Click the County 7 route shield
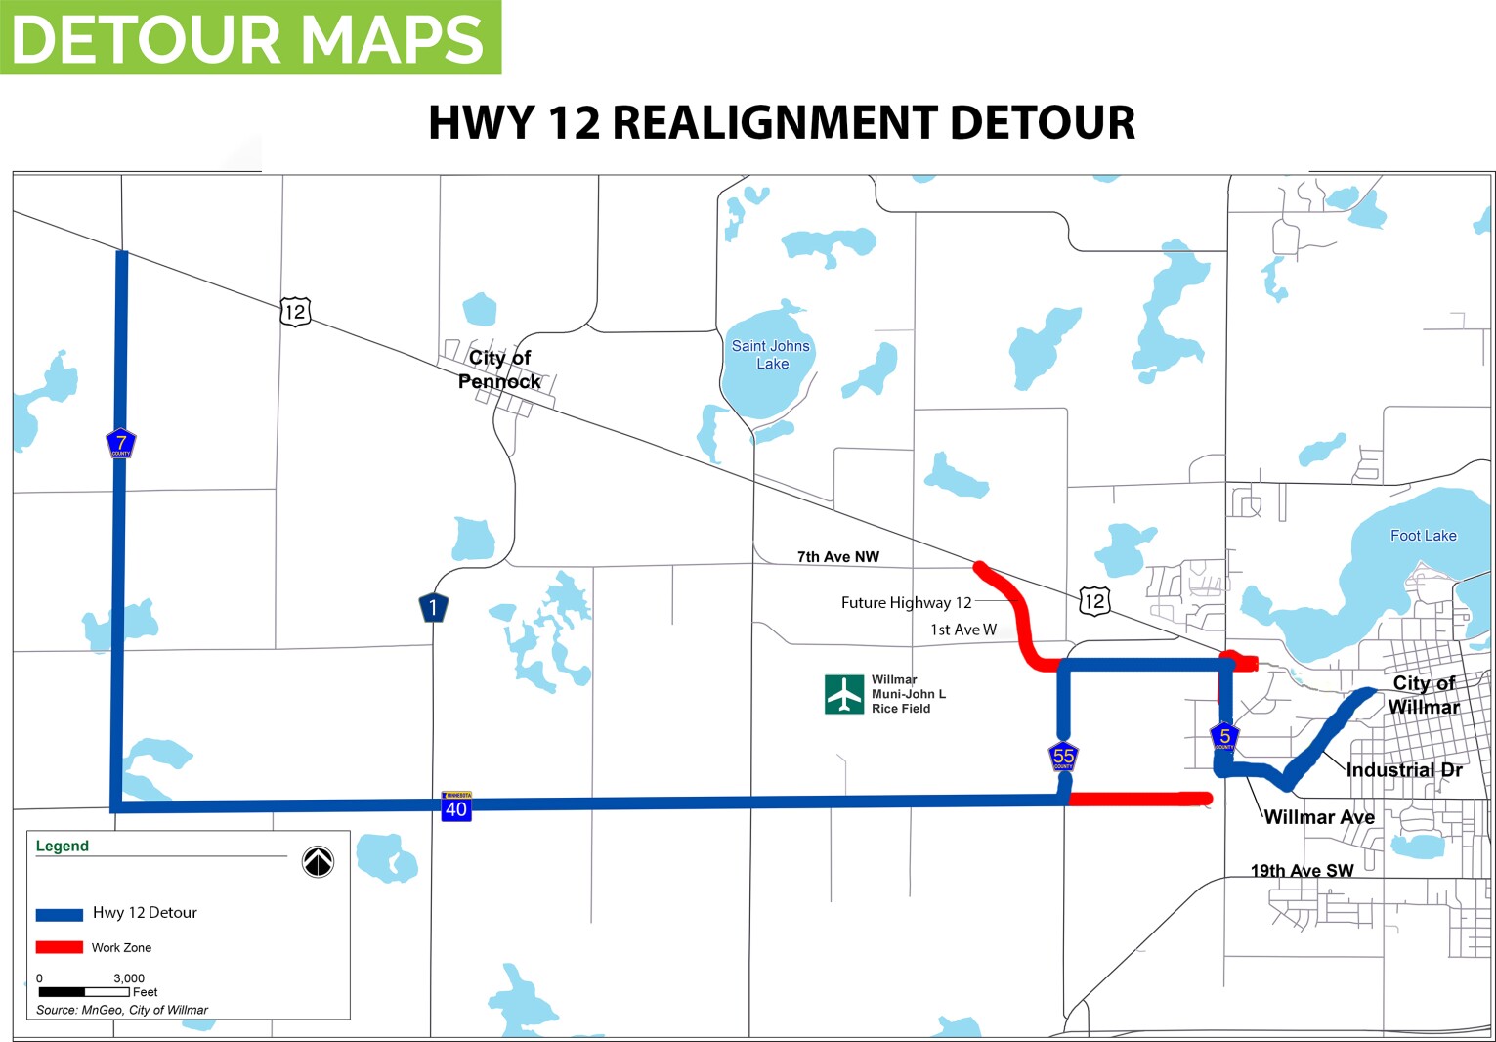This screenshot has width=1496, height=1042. pos(120,444)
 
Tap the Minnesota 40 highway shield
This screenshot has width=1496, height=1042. pos(456,805)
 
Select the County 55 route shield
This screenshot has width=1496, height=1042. pos(1063,757)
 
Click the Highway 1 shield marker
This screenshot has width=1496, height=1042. pos(433,608)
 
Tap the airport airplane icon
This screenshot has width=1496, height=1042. pos(843,694)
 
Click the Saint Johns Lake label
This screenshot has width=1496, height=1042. pos(771,355)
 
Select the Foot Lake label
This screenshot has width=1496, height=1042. pos(1423,536)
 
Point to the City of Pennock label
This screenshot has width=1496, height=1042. pos(499,369)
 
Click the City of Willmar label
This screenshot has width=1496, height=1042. pos(1424,695)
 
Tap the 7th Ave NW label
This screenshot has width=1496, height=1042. pos(837,557)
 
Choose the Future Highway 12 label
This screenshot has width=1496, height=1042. pos(906,603)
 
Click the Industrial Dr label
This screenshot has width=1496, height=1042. pos(1403,770)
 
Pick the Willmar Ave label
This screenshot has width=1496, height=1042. pos(1319,817)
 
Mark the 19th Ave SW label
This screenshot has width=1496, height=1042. pos(1302,871)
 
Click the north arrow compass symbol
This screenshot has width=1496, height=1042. pos(318,861)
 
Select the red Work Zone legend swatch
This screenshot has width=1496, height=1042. pos(59,947)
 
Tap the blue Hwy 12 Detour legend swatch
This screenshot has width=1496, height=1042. pos(59,914)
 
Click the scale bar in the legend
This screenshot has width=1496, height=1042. pos(84,992)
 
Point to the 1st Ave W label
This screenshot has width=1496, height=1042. pos(962,630)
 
